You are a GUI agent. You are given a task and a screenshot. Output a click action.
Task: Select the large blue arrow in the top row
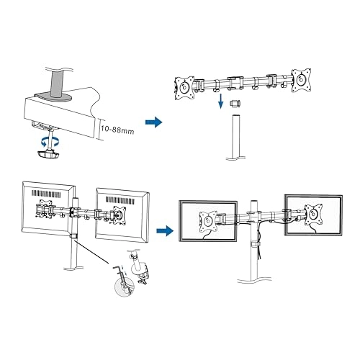click(153, 123)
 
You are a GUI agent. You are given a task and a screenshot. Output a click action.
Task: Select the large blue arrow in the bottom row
click(165, 231)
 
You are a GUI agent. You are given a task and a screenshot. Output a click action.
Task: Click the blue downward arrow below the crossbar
click(219, 104)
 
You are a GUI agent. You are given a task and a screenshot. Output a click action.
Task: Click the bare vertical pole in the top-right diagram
click(233, 140)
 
